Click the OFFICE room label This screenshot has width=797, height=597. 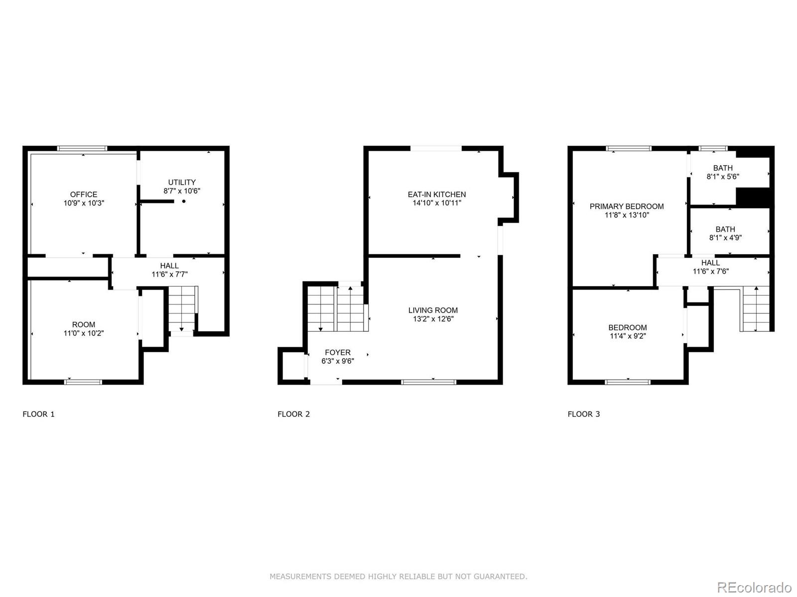[x=84, y=195]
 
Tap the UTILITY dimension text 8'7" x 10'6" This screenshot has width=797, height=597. [x=182, y=191]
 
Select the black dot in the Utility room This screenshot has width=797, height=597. [x=184, y=201]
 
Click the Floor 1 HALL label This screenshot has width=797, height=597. [x=169, y=266]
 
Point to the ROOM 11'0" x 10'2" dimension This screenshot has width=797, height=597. [x=84, y=333]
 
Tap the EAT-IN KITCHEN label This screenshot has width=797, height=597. [x=437, y=195]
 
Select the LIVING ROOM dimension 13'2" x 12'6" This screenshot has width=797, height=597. [x=433, y=319]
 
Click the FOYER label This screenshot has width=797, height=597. [x=338, y=352]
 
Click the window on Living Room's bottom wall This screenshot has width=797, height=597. [x=428, y=382]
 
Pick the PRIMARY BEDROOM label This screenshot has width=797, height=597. [x=627, y=206]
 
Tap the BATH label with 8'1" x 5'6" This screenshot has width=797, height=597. [x=723, y=168]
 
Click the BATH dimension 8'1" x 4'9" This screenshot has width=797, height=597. [x=725, y=238]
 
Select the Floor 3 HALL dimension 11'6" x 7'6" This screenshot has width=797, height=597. [x=710, y=272]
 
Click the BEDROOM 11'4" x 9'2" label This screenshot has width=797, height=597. [x=628, y=327]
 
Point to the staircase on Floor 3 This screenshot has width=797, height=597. [x=756, y=309]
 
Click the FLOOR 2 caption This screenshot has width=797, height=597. [x=293, y=414]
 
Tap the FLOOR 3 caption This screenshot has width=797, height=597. [x=584, y=414]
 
